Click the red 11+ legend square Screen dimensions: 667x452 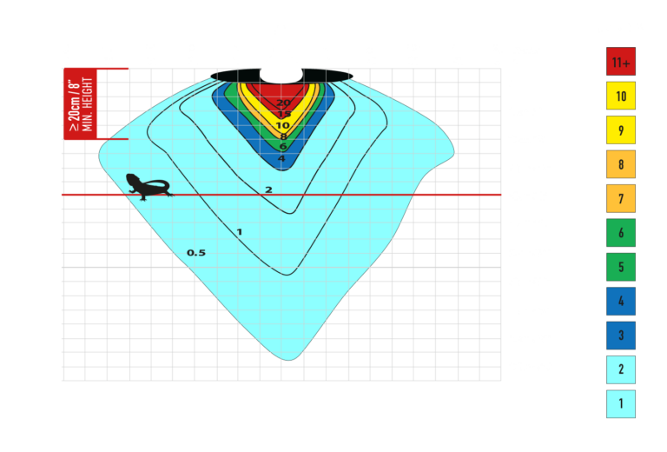(621, 62)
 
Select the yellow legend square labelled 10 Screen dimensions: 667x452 (621, 96)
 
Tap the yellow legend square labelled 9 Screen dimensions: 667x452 (621, 130)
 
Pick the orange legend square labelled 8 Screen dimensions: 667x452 (621, 164)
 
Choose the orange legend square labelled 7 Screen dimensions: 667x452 (621, 198)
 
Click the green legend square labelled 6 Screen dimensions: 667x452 (621, 233)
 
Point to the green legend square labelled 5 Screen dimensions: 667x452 (621, 267)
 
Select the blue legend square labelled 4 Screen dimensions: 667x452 (621, 302)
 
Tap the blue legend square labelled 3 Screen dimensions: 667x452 (621, 336)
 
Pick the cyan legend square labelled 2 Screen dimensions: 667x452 (621, 369)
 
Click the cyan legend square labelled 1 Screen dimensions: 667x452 (621, 404)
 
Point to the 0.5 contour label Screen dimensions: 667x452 (196, 253)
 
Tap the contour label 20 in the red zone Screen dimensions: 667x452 (283, 103)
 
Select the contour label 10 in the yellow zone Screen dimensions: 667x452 (282, 125)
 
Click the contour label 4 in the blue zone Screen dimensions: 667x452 (281, 159)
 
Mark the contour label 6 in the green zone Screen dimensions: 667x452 (282, 147)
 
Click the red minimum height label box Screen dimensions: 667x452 (81, 103)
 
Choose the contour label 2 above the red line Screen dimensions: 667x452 (268, 189)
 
